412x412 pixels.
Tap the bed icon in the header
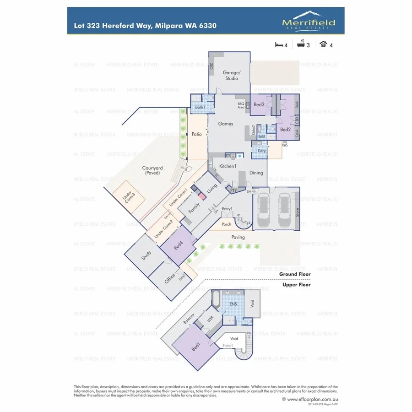(278, 45)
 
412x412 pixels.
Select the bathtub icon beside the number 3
(301, 45)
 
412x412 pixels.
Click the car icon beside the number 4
(323, 45)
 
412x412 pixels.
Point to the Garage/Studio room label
(230, 76)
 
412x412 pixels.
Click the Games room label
(225, 124)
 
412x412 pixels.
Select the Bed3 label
(259, 105)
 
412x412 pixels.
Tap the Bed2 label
(286, 130)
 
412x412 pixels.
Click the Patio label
(197, 135)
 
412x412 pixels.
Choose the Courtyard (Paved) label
(153, 171)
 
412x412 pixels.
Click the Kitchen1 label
(227, 166)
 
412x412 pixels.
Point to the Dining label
(256, 173)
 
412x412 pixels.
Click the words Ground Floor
(295, 274)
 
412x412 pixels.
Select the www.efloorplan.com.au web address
(309, 399)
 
